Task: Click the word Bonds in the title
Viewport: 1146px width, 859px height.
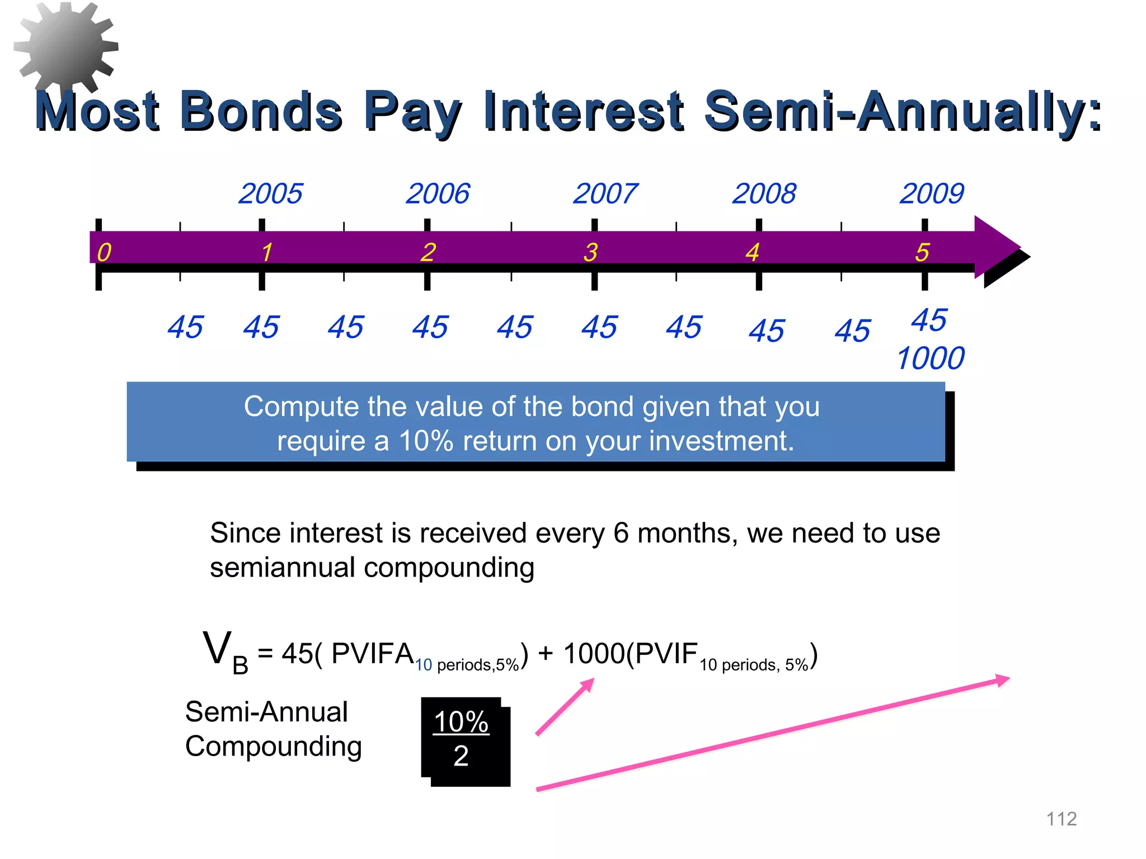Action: tap(261, 111)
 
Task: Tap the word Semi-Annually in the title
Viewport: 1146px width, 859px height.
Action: tap(902, 111)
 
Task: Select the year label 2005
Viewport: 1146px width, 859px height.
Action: tap(270, 193)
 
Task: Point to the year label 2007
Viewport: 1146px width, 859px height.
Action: tap(605, 193)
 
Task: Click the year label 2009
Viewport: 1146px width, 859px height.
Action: tap(932, 193)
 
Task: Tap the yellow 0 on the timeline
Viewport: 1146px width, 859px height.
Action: tap(104, 252)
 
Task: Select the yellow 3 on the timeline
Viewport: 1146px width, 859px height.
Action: tap(590, 252)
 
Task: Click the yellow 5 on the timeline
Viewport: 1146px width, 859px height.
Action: tap(922, 252)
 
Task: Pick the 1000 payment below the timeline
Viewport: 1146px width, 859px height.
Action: tap(930, 358)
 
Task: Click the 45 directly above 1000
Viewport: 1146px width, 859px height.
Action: tap(929, 320)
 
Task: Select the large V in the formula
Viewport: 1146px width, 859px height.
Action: tap(217, 649)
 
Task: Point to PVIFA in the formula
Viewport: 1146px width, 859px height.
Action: tap(372, 653)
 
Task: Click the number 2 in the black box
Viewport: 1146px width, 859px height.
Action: tap(461, 756)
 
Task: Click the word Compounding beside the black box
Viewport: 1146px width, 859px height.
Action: tap(273, 747)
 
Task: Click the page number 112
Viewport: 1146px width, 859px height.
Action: tap(1061, 819)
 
